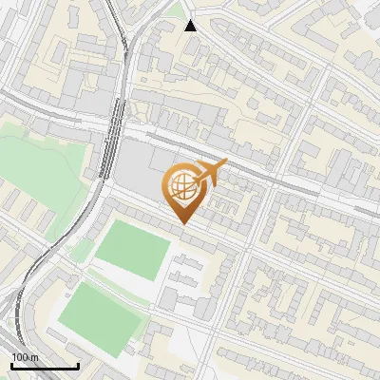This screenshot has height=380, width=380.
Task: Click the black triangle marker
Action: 191,25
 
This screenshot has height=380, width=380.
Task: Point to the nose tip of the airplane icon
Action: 227,162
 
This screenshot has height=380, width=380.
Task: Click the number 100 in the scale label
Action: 21,357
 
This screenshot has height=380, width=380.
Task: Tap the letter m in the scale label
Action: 35,357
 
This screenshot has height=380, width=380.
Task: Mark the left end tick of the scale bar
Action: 11,366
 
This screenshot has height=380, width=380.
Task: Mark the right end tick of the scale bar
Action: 78,366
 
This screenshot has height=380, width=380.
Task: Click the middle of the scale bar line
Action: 45,367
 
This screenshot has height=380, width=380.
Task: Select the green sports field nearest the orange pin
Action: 133,249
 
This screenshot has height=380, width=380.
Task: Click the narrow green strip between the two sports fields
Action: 114,281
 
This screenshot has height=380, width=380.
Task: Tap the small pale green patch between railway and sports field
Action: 82,251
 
